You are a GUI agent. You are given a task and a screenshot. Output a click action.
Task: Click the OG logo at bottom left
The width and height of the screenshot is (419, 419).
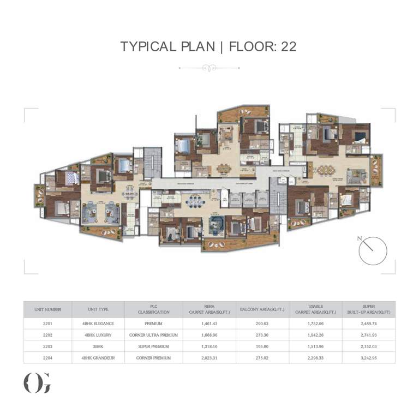tap(37, 384)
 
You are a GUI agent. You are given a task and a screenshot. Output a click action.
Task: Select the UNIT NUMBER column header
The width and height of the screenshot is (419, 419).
tap(48, 309)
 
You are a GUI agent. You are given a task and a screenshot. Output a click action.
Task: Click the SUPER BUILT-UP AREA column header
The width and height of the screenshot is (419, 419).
tap(368, 309)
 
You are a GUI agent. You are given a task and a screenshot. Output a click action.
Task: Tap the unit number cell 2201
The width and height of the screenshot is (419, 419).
tap(48, 324)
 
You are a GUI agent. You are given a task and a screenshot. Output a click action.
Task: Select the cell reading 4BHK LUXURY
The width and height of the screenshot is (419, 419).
tap(98, 335)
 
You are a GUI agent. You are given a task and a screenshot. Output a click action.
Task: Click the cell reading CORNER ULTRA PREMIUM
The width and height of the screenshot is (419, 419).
tap(153, 335)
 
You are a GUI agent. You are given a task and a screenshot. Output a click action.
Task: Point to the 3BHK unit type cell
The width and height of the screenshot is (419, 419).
tap(98, 346)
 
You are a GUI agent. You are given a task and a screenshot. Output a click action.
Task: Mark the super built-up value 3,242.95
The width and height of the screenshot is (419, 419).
tap(368, 358)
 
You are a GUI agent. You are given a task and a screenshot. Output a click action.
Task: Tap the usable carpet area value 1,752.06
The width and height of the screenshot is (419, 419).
tap(315, 324)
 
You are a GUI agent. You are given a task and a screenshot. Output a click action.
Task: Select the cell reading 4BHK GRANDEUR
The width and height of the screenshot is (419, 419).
tap(98, 358)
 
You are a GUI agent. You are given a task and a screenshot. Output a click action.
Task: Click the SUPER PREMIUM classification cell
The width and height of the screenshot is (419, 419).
tap(153, 346)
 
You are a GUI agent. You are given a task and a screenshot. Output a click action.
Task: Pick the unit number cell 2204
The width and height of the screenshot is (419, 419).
tap(48, 358)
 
